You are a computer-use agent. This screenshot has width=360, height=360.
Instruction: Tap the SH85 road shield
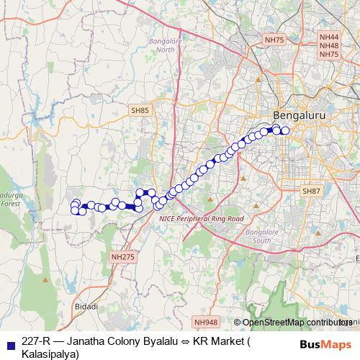(x=140, y=110)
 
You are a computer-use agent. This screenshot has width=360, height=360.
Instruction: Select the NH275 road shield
(x=122, y=256)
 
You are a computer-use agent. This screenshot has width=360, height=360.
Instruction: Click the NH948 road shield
(x=205, y=323)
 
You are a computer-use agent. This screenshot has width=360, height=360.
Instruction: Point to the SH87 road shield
(x=310, y=191)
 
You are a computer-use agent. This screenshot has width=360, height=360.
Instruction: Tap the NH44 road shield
(x=328, y=37)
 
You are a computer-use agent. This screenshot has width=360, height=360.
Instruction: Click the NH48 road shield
(x=328, y=45)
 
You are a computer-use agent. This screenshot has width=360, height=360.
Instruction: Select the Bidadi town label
(x=86, y=306)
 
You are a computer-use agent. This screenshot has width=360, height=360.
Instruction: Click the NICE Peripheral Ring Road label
(x=202, y=217)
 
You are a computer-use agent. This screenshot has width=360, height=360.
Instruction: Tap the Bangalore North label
(x=166, y=45)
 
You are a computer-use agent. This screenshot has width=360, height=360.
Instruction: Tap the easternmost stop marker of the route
(x=285, y=130)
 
